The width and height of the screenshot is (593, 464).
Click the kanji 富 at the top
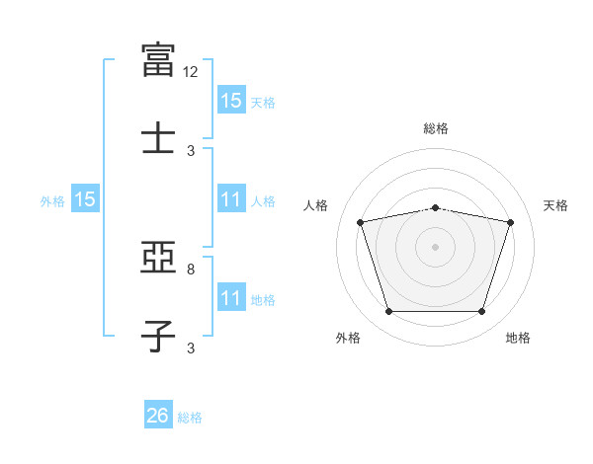(x=158, y=60)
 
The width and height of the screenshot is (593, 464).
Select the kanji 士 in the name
(x=158, y=137)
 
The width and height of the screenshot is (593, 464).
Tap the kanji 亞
(x=158, y=257)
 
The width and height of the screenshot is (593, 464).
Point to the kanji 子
(x=158, y=336)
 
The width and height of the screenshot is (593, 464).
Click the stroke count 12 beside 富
(x=190, y=72)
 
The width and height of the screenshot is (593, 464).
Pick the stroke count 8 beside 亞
(x=191, y=270)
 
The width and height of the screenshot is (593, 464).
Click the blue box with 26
(x=158, y=414)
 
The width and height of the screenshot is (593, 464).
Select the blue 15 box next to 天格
(x=231, y=100)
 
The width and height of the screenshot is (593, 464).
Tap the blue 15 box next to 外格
(x=85, y=198)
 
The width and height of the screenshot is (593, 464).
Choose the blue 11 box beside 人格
(x=231, y=198)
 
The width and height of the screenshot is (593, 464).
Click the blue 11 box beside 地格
(x=231, y=296)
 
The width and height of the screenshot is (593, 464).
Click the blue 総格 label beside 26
(x=190, y=418)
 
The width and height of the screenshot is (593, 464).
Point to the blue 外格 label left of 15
(x=52, y=201)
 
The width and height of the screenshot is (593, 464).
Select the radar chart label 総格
(x=436, y=128)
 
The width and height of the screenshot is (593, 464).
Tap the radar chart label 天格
(x=555, y=205)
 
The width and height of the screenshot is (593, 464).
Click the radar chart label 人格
(x=315, y=205)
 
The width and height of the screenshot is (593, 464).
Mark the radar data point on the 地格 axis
(x=481, y=312)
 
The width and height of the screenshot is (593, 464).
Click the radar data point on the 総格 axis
(x=435, y=208)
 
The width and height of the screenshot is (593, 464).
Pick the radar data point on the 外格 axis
(x=389, y=312)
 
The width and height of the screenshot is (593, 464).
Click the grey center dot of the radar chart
(x=435, y=247)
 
